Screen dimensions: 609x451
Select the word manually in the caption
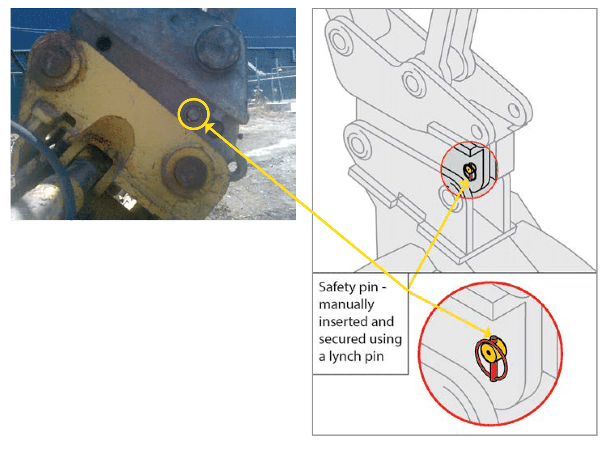click(x=346, y=305)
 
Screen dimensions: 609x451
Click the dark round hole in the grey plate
click(x=104, y=43)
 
